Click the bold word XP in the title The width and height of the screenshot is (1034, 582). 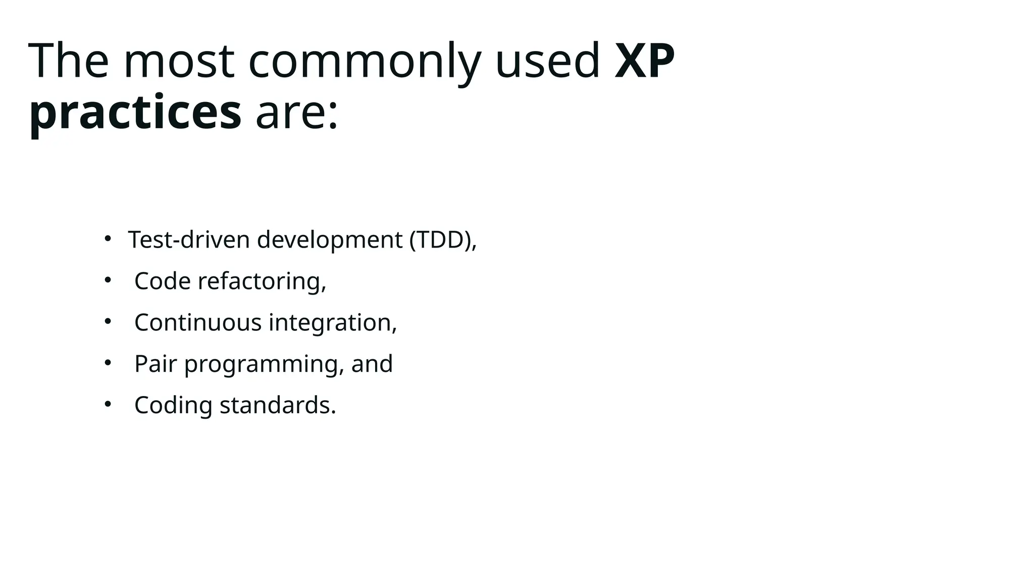(x=645, y=61)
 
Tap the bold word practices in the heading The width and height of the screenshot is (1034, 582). (x=135, y=112)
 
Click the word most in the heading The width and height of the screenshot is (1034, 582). (x=179, y=61)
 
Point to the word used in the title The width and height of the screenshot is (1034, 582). (x=548, y=61)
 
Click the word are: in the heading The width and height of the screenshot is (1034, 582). (x=297, y=112)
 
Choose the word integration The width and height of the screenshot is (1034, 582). (x=332, y=322)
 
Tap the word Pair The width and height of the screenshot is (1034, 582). (x=156, y=364)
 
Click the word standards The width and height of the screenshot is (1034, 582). (x=277, y=405)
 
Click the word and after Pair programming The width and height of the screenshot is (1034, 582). (x=372, y=364)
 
